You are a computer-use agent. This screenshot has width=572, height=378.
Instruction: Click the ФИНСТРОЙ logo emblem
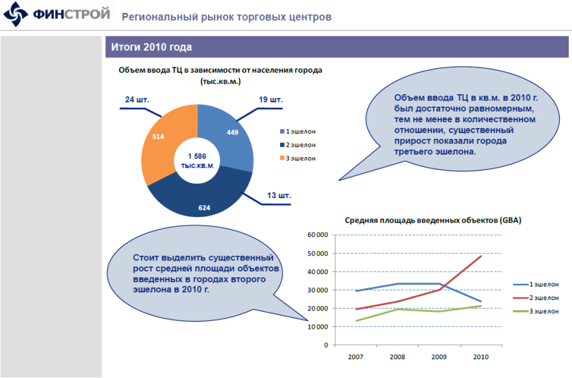(15, 15)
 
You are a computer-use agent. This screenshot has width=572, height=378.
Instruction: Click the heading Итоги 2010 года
(151, 47)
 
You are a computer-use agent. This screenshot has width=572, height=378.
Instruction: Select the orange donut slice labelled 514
(159, 140)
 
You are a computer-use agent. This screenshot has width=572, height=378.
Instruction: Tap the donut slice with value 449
(231, 133)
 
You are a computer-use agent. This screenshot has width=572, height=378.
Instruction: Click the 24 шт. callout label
(137, 99)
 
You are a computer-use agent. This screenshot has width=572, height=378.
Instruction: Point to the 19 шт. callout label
(270, 100)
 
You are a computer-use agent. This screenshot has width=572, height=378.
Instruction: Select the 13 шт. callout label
(279, 195)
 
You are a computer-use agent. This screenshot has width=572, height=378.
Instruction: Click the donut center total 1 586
(197, 157)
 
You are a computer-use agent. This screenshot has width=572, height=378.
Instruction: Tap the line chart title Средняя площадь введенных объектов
(432, 220)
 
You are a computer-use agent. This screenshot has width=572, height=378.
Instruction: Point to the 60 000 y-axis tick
(316, 234)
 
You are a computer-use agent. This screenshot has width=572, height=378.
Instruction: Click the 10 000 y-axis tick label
(316, 326)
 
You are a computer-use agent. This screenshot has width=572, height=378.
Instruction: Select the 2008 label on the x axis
(397, 357)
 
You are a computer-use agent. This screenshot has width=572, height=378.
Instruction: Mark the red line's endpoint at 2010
(481, 256)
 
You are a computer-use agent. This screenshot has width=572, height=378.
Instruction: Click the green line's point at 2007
(356, 320)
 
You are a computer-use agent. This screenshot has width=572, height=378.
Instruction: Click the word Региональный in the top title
(153, 17)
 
